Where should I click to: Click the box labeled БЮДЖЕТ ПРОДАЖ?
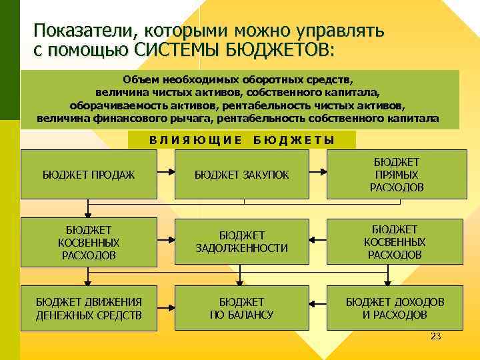click(89, 175)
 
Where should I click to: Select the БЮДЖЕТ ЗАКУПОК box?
click(241, 175)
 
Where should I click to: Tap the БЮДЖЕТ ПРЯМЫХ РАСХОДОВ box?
click(396, 175)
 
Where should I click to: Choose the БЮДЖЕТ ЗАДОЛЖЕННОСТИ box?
click(241, 242)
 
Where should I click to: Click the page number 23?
click(436, 337)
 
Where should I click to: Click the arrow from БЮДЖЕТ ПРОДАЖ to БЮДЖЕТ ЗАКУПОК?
click(166, 174)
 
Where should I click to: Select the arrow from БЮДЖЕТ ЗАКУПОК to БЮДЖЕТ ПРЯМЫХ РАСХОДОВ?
click(318, 174)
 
